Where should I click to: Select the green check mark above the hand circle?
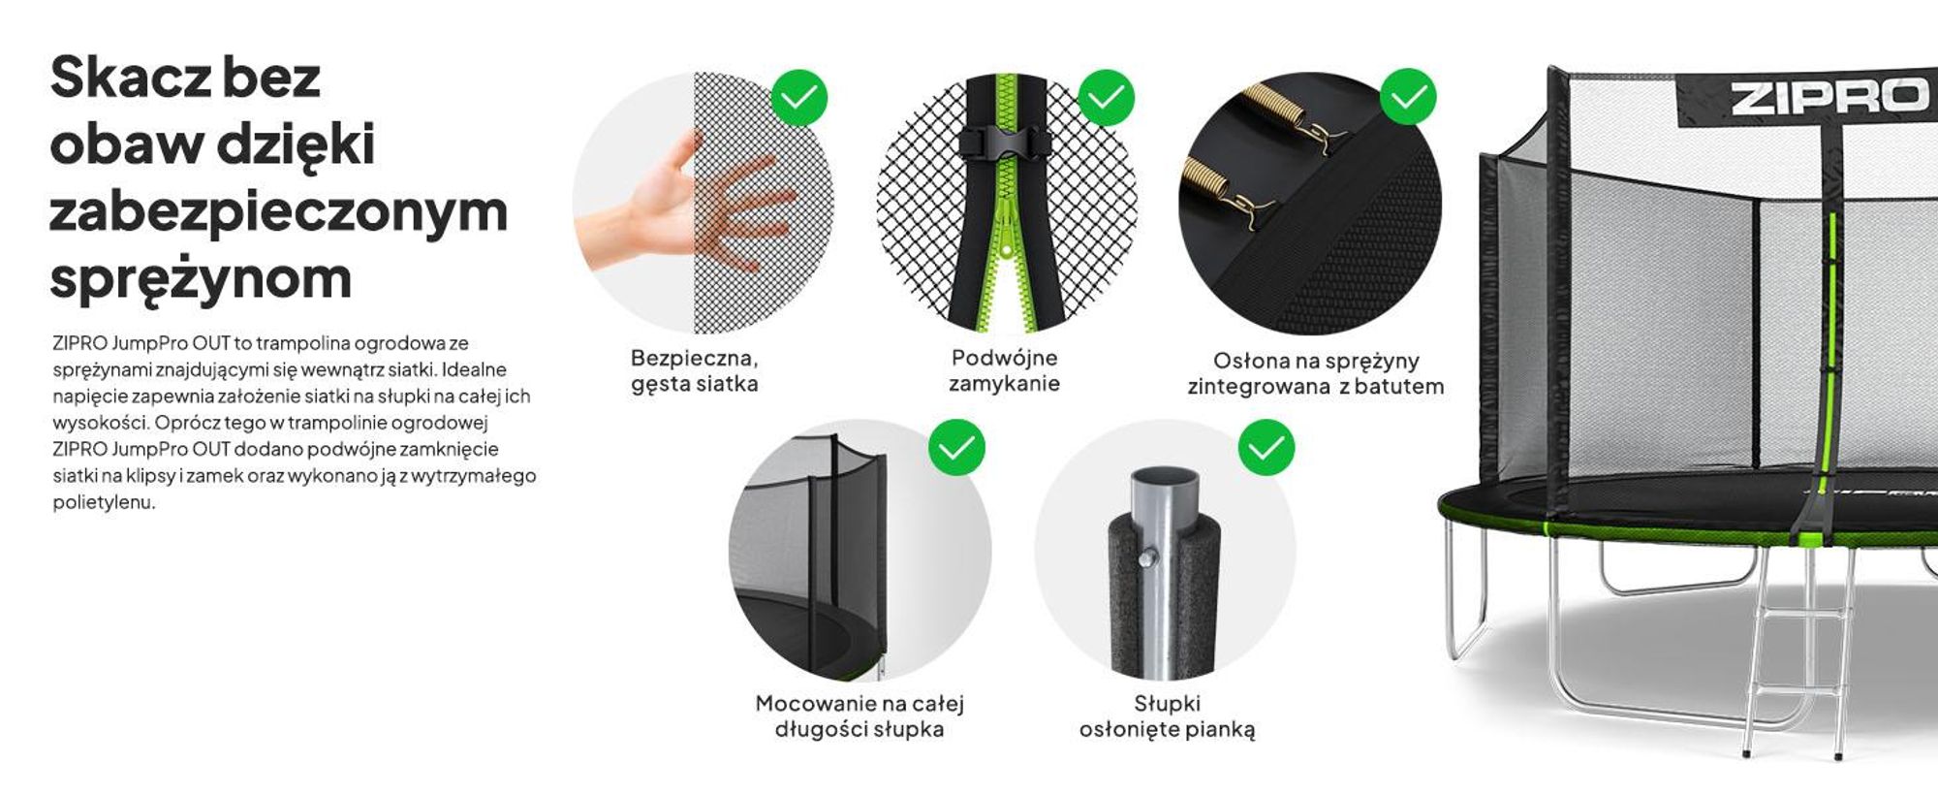tap(799, 97)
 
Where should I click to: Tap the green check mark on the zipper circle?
tap(1106, 97)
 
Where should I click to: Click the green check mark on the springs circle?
tap(1408, 97)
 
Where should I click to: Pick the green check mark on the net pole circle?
tap(956, 447)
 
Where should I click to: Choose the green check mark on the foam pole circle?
tap(1266, 447)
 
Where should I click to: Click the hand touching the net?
tap(683, 204)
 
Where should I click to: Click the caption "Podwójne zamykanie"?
tap(1004, 370)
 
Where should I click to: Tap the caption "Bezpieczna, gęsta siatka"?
tap(695, 370)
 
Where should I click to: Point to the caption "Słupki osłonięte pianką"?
tap(1167, 716)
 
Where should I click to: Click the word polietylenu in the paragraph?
tap(104, 502)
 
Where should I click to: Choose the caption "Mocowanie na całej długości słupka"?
tap(860, 716)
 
